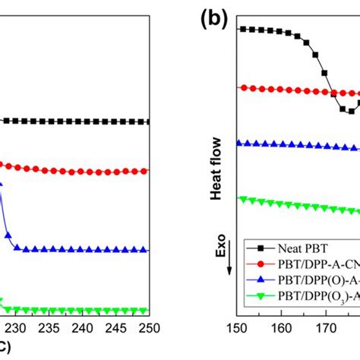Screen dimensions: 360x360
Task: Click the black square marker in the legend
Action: pyautogui.click(x=261, y=248)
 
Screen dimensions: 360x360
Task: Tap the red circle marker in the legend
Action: pyautogui.click(x=261, y=264)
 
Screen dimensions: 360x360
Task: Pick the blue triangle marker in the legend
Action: pyautogui.click(x=261, y=279)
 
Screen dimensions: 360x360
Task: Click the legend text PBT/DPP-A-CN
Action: pyautogui.click(x=319, y=264)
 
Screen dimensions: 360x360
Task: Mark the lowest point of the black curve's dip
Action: pyautogui.click(x=350, y=112)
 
